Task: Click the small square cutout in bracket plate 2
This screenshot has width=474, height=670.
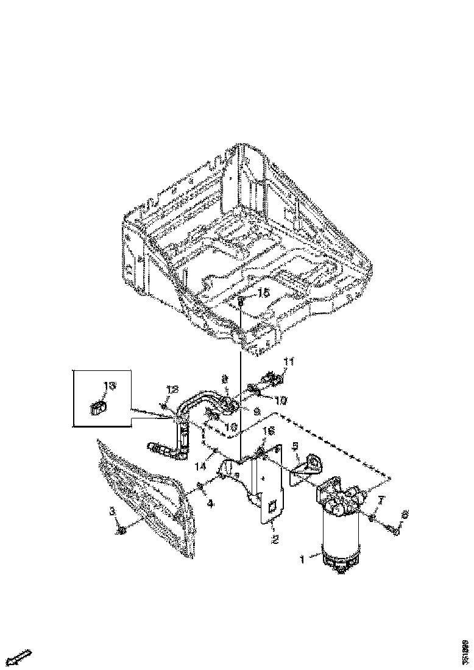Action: (x=272, y=506)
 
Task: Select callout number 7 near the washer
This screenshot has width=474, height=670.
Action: (x=381, y=500)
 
